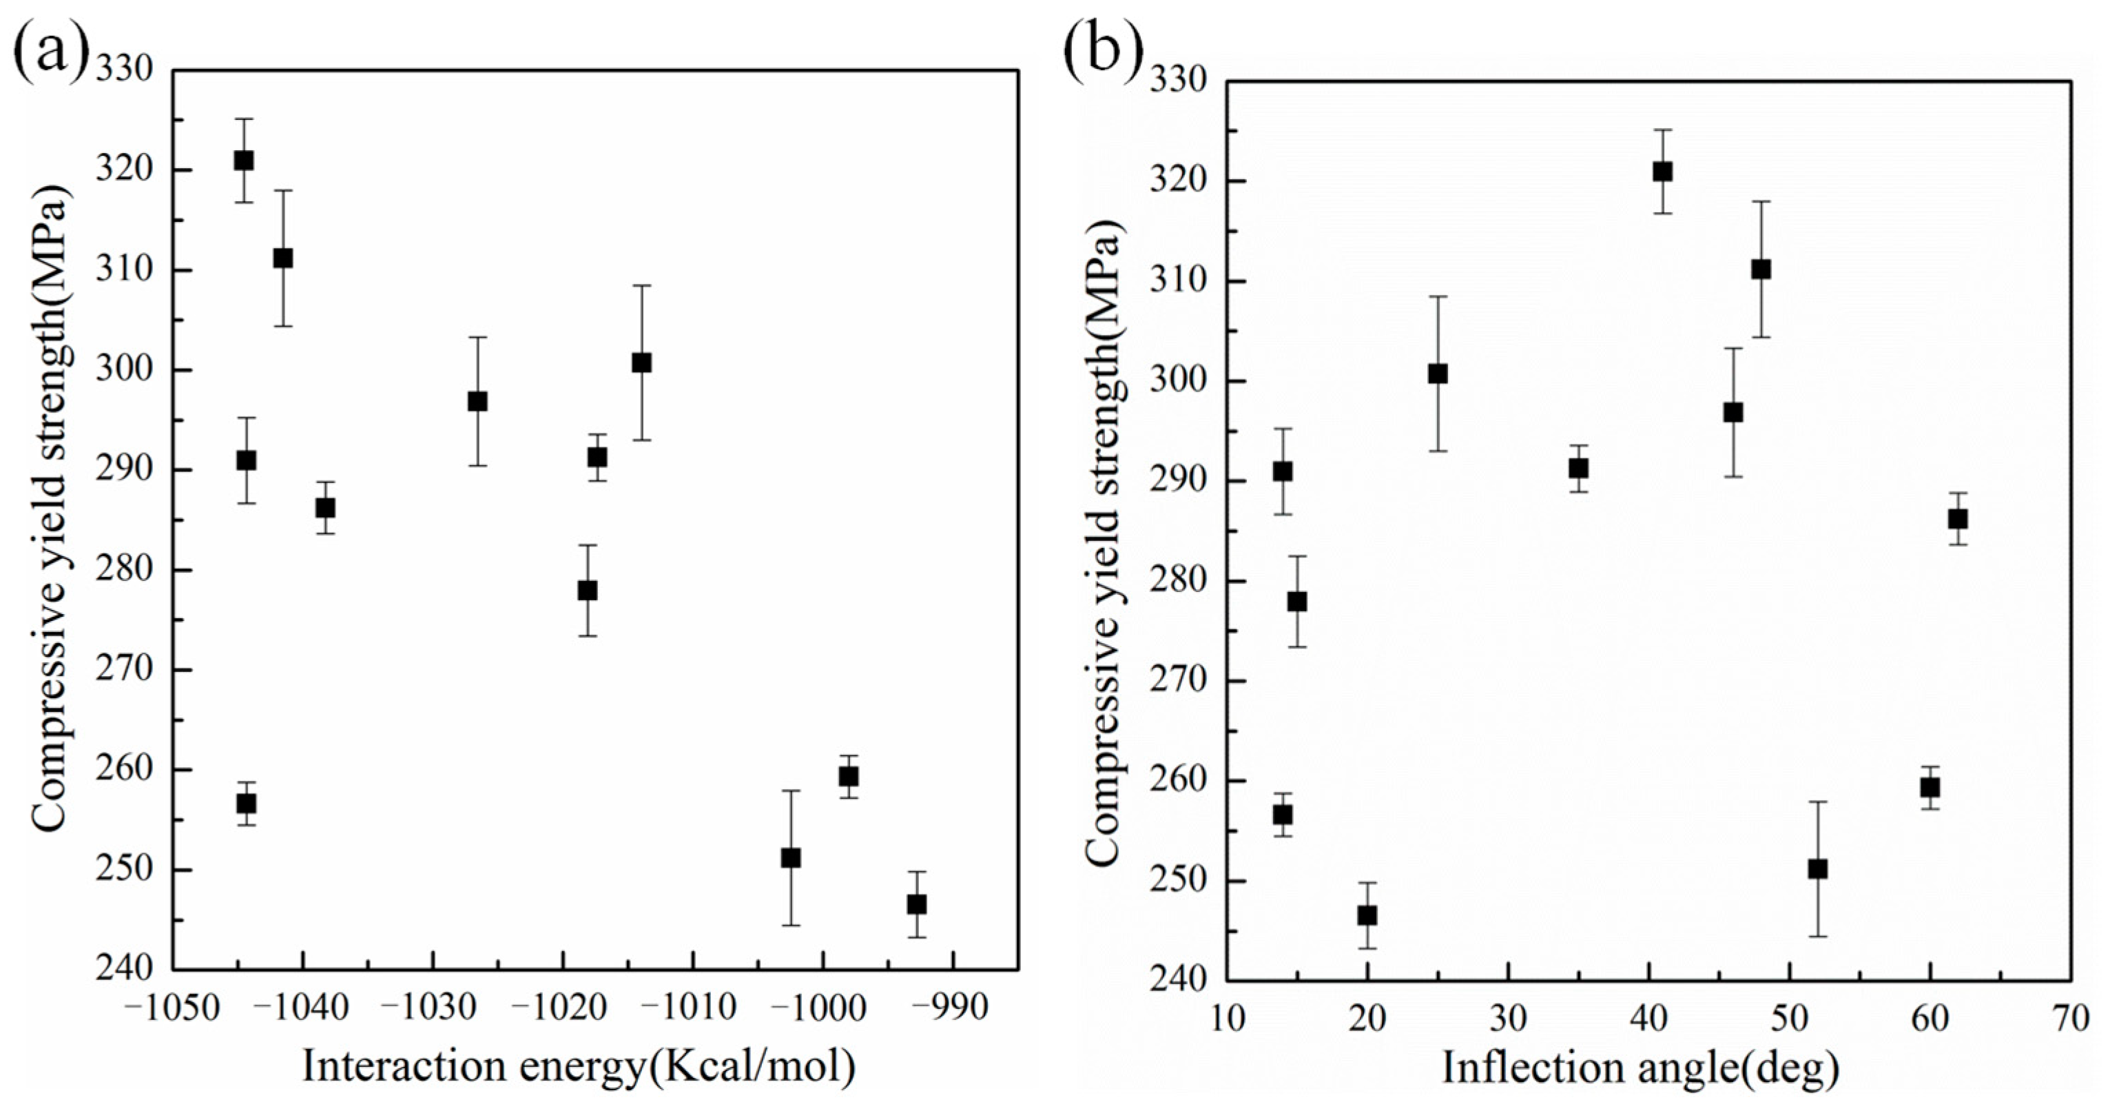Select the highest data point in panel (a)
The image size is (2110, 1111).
pos(243,161)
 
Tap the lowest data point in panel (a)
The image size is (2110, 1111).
pos(917,904)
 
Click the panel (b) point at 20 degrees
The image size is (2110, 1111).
pos(1367,915)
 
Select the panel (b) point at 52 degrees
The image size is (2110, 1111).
pos(1818,869)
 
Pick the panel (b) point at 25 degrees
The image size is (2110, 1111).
pos(1438,374)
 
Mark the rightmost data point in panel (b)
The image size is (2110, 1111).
pos(1958,519)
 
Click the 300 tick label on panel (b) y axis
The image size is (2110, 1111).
pos(1177,382)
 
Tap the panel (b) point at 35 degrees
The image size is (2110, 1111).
pos(1578,469)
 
